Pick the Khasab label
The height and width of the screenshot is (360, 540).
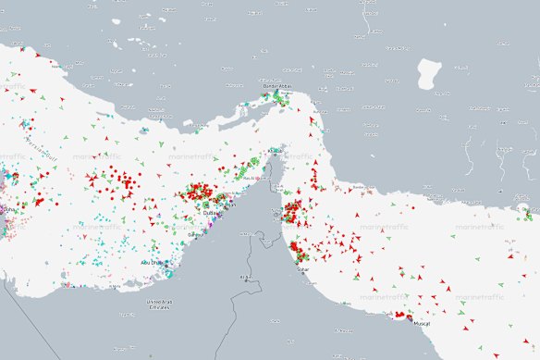pyautogui.click(x=274, y=151)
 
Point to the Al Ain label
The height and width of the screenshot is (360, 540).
pyautogui.click(x=246, y=277)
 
